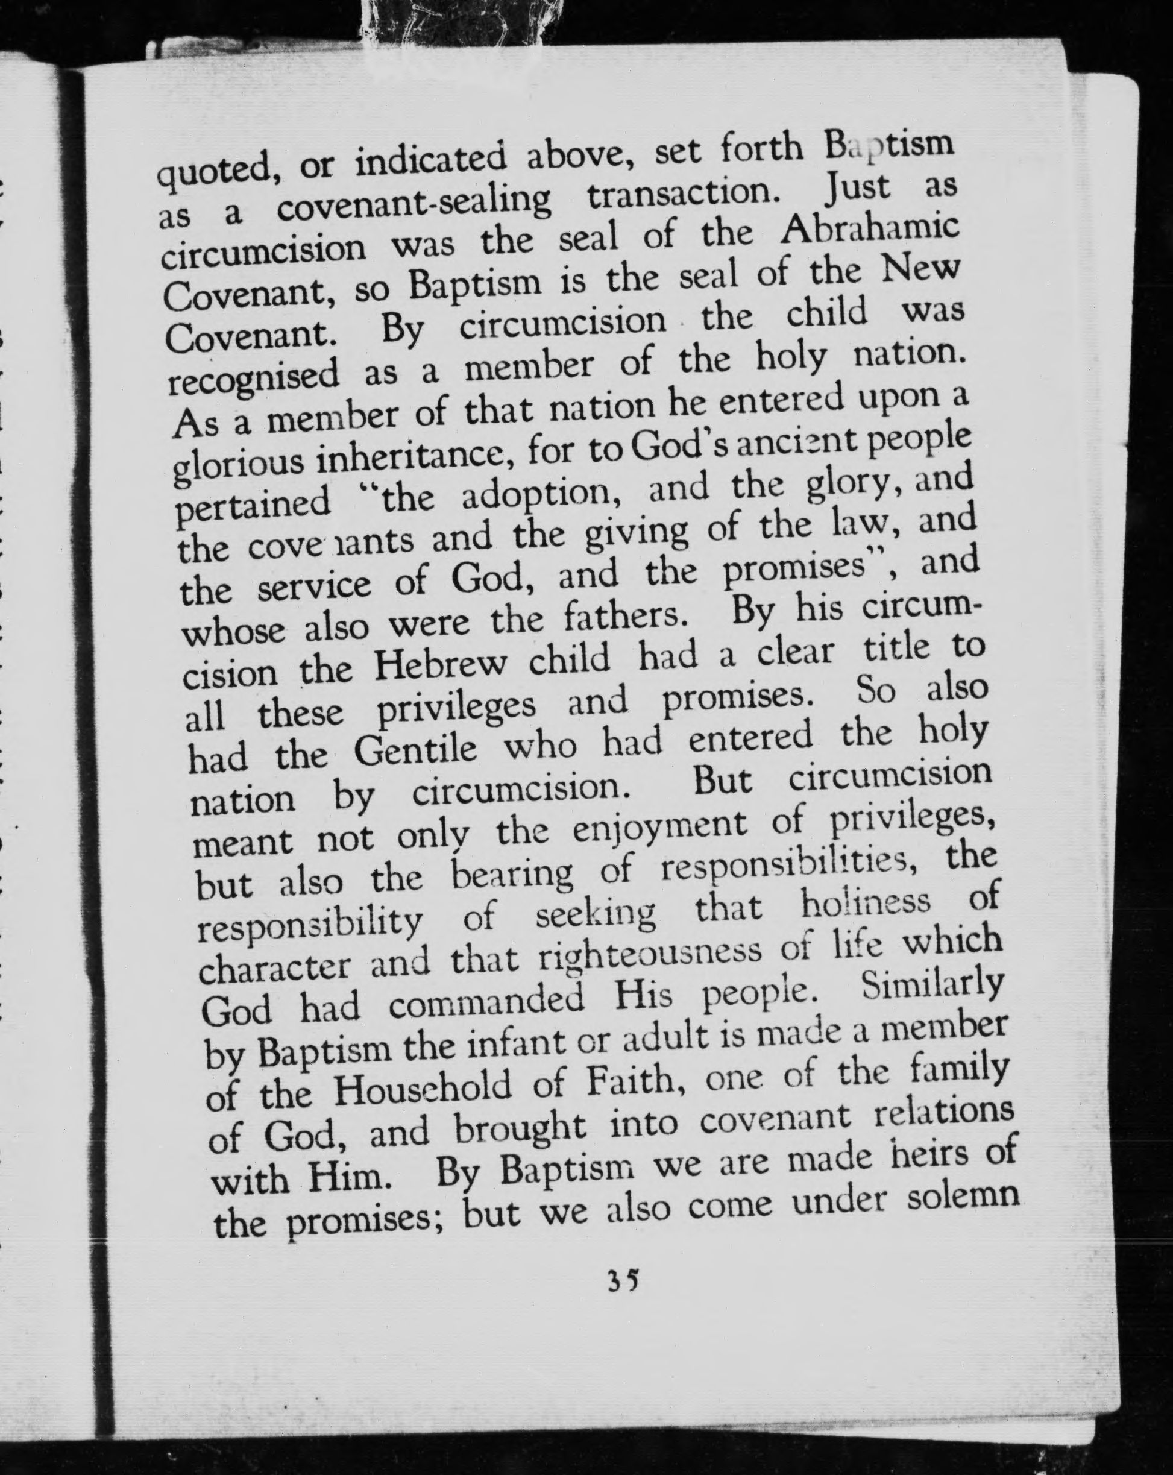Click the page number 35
(623, 1278)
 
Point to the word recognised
(254, 378)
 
